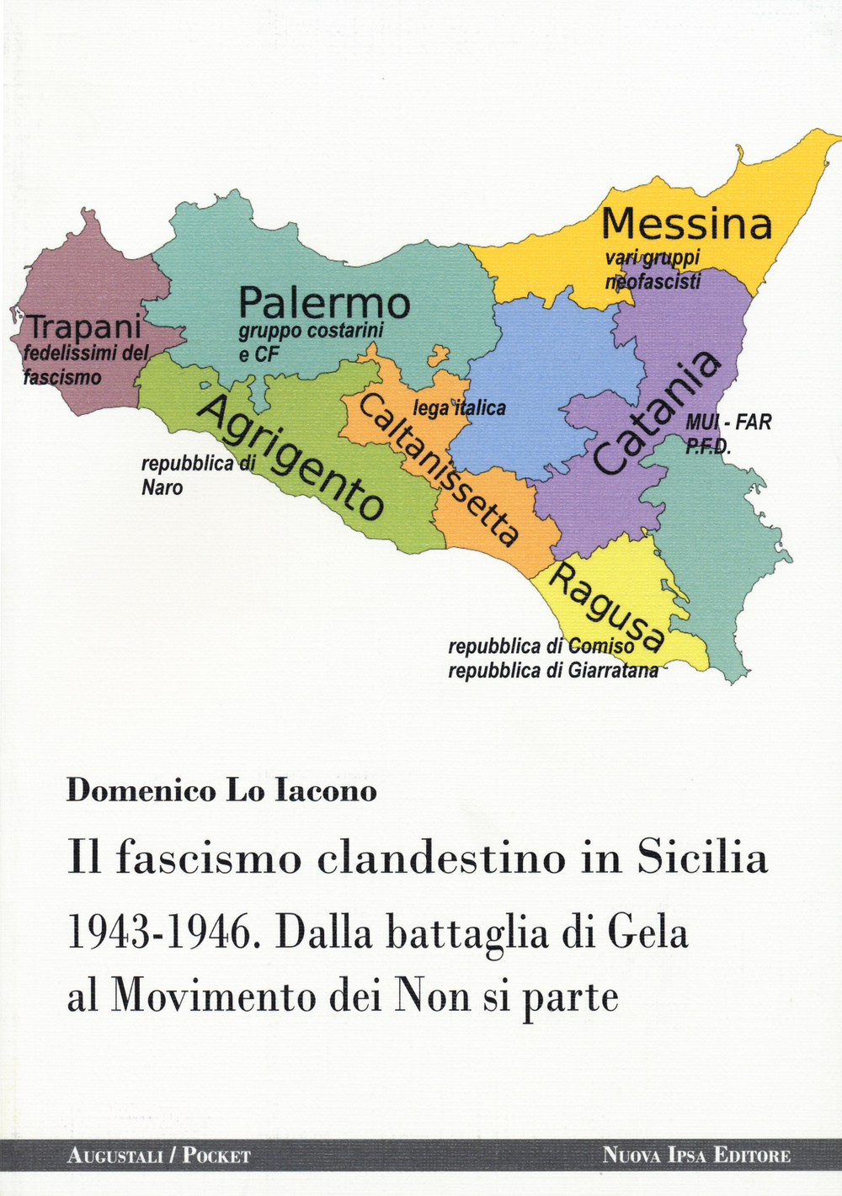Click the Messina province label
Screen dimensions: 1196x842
tap(686, 225)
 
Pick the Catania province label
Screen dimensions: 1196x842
tap(657, 412)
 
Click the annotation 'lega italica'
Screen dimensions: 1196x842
tap(459, 409)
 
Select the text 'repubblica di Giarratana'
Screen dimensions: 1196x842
tap(553, 672)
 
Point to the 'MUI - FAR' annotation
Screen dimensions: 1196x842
tap(728, 423)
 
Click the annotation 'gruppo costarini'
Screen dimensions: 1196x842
tap(311, 332)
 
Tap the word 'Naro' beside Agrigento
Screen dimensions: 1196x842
tap(162, 488)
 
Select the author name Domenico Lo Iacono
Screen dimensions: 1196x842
tap(221, 791)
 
